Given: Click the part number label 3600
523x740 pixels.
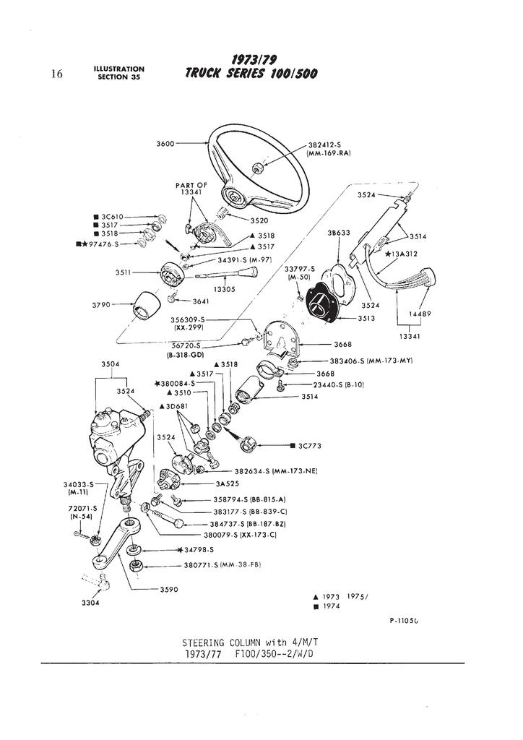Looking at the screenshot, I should [x=165, y=143].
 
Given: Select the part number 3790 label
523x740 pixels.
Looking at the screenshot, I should [x=101, y=305].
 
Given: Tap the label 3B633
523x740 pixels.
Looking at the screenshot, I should [x=339, y=233].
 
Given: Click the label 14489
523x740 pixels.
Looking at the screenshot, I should [x=420, y=314].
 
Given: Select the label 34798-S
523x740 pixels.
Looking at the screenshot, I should [x=190, y=550].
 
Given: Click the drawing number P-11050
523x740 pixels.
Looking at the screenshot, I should [x=404, y=620].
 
